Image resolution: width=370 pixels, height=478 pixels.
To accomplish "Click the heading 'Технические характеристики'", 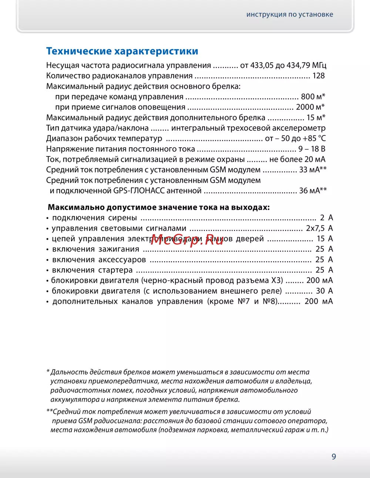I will (122, 51).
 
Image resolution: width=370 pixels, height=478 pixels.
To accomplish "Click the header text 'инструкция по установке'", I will (290, 14).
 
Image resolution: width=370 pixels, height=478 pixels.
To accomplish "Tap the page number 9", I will (334, 457).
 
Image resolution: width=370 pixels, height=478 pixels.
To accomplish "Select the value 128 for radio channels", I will (318, 76).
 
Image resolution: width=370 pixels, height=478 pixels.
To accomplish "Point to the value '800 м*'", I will (313, 97).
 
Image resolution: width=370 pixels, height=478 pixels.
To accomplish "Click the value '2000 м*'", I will (310, 107).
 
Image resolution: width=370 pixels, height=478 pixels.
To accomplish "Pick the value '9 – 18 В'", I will (312, 149).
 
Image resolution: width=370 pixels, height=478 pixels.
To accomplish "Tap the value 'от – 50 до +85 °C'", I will (295, 138).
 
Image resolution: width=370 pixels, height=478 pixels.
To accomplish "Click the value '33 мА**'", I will (313, 170).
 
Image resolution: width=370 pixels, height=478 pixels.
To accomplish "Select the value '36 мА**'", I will (313, 191).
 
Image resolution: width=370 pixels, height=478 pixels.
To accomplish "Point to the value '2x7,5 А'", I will (319, 228).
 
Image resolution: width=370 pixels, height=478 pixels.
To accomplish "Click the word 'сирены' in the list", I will (122, 218).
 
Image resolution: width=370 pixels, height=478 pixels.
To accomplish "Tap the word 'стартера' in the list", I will (115, 270).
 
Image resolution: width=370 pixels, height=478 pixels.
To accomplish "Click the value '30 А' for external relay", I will (324, 291).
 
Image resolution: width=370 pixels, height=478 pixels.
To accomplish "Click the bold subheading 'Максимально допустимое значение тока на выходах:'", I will (159, 207).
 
